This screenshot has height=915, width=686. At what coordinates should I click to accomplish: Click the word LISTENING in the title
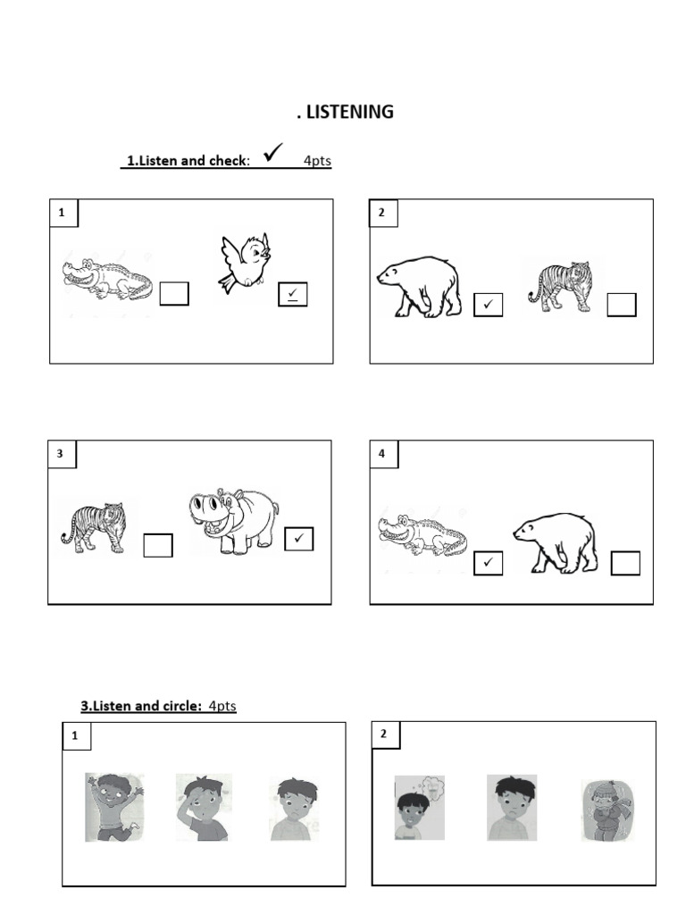click(x=350, y=112)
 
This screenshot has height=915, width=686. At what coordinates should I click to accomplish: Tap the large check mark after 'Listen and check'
click(x=273, y=152)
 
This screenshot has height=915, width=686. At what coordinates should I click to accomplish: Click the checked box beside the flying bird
click(x=293, y=294)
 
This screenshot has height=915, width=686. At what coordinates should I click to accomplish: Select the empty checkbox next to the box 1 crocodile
click(x=174, y=293)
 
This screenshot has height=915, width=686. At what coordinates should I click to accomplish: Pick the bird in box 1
click(x=245, y=262)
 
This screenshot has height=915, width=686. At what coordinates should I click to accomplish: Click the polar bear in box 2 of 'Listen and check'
click(x=418, y=286)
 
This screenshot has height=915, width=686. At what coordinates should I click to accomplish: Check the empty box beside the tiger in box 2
click(x=622, y=305)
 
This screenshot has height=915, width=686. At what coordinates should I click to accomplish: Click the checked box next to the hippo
click(x=299, y=539)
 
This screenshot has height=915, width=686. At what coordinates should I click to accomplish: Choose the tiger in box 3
click(x=93, y=527)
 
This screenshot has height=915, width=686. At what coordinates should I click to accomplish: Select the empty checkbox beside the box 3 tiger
click(x=158, y=545)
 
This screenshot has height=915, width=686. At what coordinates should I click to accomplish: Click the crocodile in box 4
click(x=422, y=534)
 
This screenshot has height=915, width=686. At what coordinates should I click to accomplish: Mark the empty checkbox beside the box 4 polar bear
click(x=625, y=563)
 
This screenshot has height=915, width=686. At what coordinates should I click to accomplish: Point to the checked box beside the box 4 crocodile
click(x=489, y=563)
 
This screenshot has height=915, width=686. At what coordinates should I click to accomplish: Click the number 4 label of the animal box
click(x=382, y=453)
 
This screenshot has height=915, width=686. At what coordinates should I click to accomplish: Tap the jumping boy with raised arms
click(x=114, y=807)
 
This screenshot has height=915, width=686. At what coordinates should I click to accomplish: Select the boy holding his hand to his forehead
click(x=204, y=807)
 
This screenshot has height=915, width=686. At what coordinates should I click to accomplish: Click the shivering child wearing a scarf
click(x=607, y=810)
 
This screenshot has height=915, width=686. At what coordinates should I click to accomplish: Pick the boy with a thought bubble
click(x=420, y=808)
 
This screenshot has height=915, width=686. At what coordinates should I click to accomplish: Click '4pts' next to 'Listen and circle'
click(x=222, y=706)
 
